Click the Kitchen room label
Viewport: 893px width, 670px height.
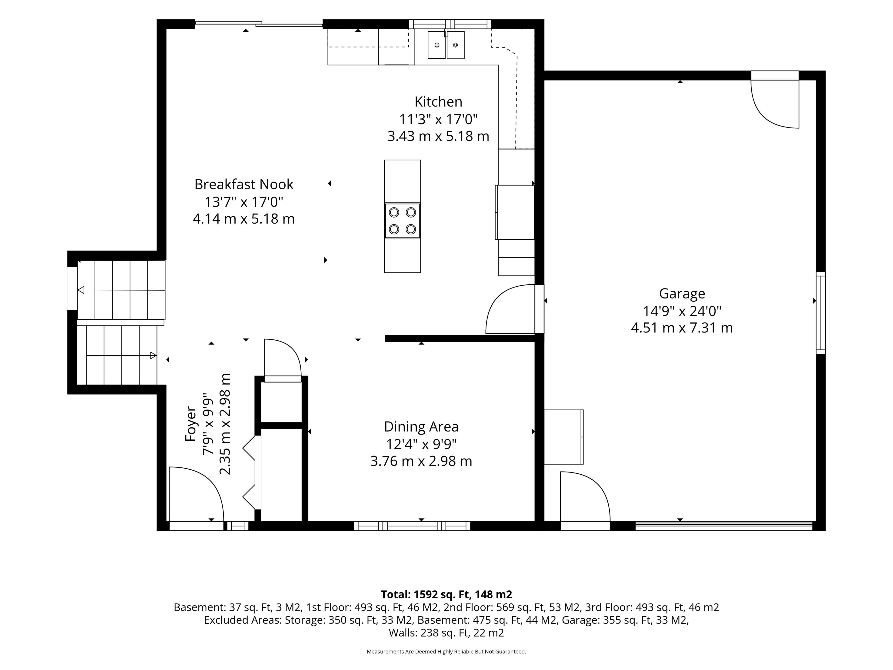(438, 101)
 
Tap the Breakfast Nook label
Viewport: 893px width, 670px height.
(244, 184)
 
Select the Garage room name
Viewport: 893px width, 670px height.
(682, 294)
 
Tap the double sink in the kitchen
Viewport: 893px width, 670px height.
(446, 45)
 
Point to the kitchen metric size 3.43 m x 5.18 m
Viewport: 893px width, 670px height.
(438, 136)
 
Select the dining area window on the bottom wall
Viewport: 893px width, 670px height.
(412, 526)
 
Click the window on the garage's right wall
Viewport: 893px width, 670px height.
(821, 313)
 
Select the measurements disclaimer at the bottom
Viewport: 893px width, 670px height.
(446, 651)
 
